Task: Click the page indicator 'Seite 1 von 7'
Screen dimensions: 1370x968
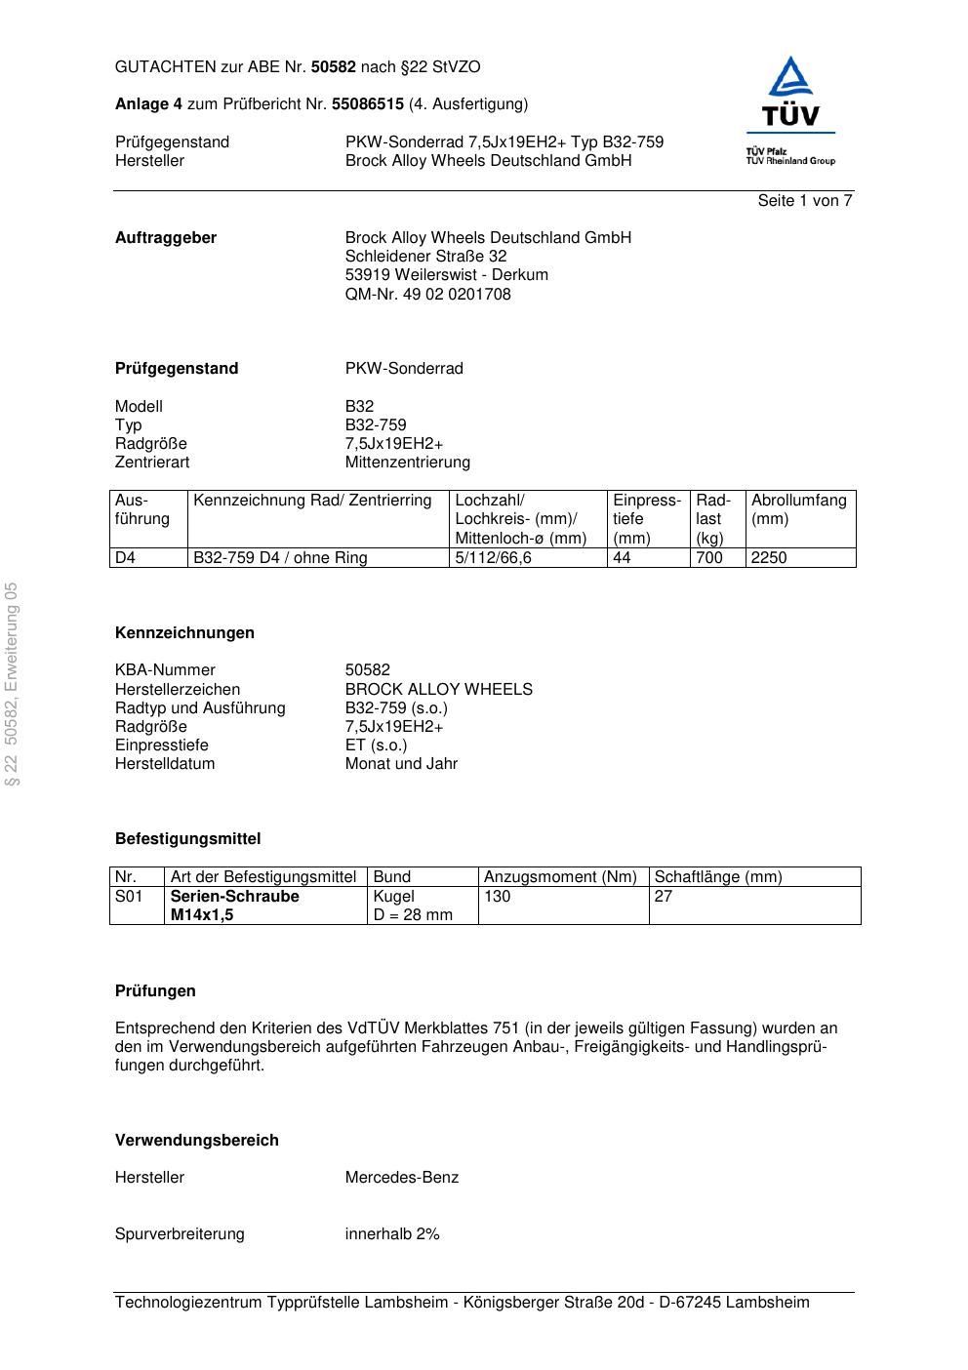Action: click(804, 201)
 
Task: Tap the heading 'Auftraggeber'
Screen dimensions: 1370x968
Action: click(166, 238)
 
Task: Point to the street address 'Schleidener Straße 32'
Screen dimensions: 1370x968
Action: click(425, 257)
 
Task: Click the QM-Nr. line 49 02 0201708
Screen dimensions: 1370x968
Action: click(427, 295)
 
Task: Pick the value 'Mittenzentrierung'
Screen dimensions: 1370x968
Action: click(407, 463)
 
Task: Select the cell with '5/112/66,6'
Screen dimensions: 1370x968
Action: click(493, 558)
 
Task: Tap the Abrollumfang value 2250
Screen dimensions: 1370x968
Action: click(768, 558)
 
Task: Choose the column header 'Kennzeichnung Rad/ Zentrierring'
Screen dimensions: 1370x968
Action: click(312, 501)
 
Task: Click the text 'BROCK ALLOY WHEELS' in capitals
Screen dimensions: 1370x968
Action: click(438, 690)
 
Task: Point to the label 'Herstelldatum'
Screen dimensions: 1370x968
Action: click(165, 764)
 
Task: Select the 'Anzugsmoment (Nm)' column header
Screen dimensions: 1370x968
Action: click(560, 877)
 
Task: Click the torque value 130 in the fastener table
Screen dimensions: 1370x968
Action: click(497, 897)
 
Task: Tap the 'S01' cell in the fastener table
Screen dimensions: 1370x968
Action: click(129, 897)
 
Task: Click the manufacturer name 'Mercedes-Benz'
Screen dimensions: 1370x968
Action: click(401, 1178)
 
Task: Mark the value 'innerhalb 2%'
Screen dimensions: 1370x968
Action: click(391, 1234)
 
